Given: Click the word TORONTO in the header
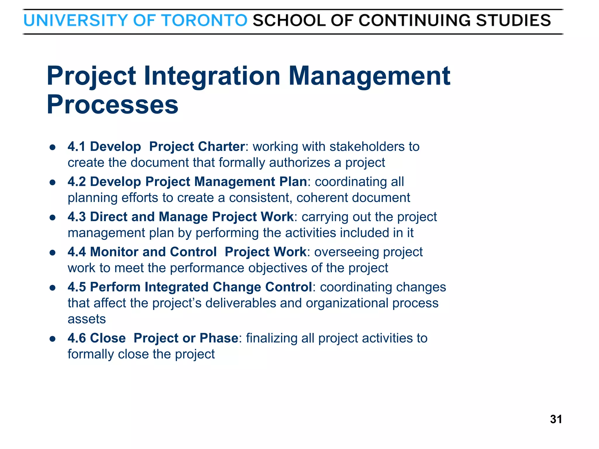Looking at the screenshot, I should [204, 20].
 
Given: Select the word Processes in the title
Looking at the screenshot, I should [112, 104].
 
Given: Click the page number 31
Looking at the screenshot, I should [556, 419].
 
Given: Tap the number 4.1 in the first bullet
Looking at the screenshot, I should [76, 146].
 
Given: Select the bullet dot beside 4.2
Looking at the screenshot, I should [53, 182].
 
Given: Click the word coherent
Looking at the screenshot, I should [322, 198].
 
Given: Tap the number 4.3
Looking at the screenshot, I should [76, 217].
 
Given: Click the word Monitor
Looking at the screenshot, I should [114, 252].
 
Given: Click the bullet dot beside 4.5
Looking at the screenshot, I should [53, 288].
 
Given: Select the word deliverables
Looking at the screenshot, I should [240, 303].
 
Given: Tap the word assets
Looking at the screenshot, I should [87, 319].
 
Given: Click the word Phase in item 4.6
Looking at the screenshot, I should [219, 338].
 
